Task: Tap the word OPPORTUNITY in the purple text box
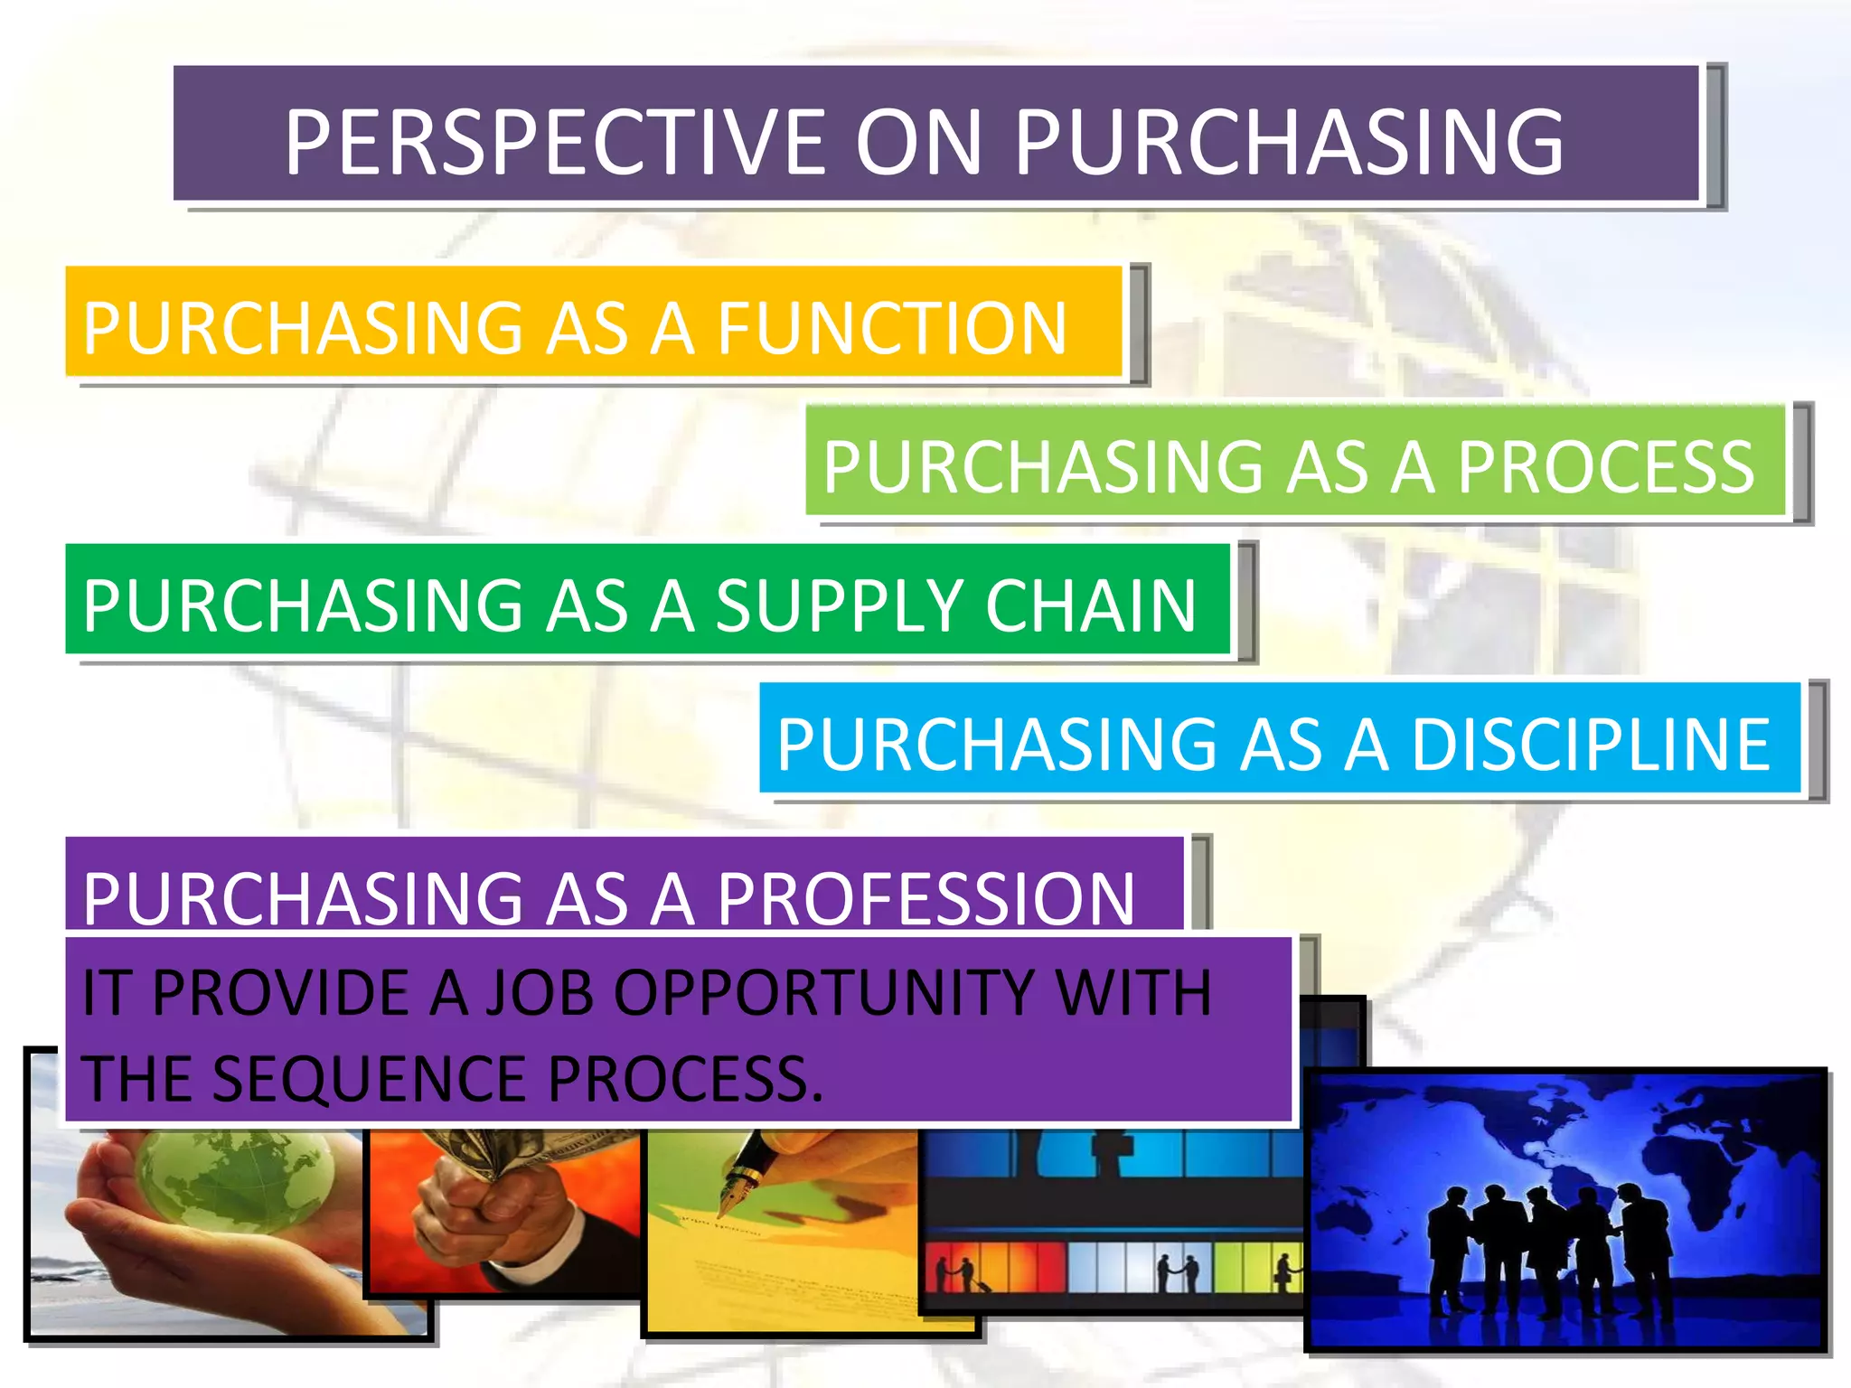click(x=822, y=992)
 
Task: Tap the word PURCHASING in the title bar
click(x=1288, y=142)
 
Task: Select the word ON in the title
click(x=917, y=142)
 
